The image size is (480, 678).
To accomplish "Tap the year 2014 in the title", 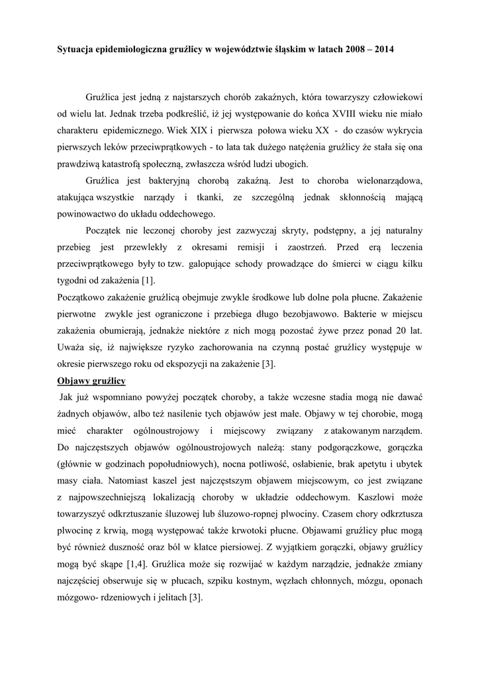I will (x=382, y=50).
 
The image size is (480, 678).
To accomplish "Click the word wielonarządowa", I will (x=390, y=181).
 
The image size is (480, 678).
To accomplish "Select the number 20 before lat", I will (x=397, y=330).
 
